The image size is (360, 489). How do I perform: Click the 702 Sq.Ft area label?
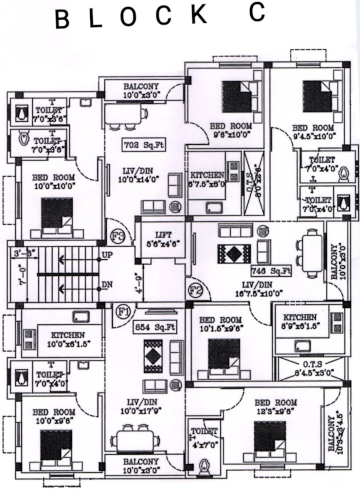(x=144, y=145)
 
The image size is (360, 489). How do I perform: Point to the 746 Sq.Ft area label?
(x=271, y=271)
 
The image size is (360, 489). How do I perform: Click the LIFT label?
(x=163, y=235)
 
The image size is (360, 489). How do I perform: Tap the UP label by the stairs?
(x=107, y=255)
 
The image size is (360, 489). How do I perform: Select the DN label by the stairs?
(x=107, y=285)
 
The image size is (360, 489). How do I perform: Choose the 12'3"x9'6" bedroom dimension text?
(x=276, y=411)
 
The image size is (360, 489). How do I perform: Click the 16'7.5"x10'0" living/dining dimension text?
(x=259, y=293)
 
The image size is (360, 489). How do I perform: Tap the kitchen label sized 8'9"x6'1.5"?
(x=300, y=317)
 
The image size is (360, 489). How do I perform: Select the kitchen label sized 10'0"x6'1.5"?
(x=68, y=335)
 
